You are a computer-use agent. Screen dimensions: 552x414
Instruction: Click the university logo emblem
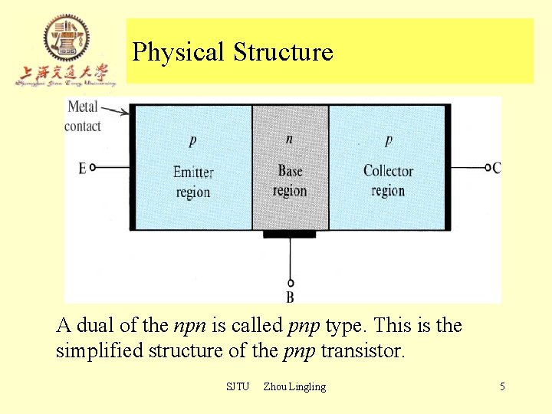pyautogui.click(x=66, y=38)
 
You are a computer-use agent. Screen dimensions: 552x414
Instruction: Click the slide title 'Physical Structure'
pyautogui.click(x=232, y=52)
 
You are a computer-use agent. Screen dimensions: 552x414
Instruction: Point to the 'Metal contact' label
pyautogui.click(x=82, y=117)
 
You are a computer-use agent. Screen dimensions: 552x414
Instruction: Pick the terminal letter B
pyautogui.click(x=290, y=297)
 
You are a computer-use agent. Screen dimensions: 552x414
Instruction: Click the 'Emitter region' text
pyautogui.click(x=193, y=182)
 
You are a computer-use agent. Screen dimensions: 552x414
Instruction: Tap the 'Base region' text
pyautogui.click(x=290, y=181)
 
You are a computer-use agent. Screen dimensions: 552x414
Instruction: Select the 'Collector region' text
pyautogui.click(x=388, y=181)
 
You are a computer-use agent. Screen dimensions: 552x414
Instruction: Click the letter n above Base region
pyautogui.click(x=289, y=139)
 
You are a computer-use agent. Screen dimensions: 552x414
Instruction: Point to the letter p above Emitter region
pyautogui.click(x=192, y=141)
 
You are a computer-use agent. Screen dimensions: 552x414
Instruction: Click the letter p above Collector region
pyautogui.click(x=389, y=140)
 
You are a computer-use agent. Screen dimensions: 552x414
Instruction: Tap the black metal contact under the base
pyautogui.click(x=290, y=234)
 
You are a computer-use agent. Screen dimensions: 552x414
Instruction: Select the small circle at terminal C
pyautogui.click(x=488, y=167)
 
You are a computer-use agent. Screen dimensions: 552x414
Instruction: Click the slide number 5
pyautogui.click(x=502, y=386)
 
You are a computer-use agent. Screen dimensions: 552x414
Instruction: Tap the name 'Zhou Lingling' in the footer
pyautogui.click(x=294, y=386)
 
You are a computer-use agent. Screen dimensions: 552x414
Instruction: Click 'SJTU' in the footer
pyautogui.click(x=238, y=386)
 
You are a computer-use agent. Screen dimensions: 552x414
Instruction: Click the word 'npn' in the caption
pyautogui.click(x=189, y=326)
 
